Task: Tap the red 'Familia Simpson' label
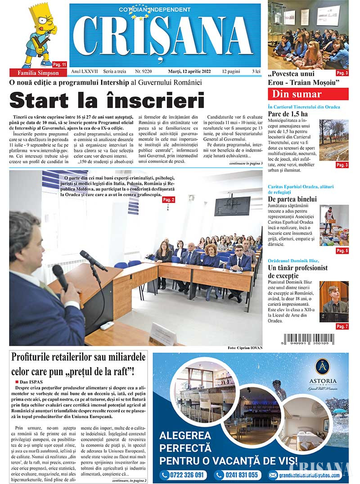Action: [x=38, y=73]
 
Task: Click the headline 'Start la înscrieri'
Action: [x=107, y=100]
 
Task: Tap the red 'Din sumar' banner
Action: [x=308, y=94]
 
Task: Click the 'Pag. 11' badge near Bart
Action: [x=59, y=64]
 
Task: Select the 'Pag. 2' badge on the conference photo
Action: [x=169, y=199]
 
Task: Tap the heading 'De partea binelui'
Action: [x=292, y=199]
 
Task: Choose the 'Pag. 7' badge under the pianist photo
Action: [x=342, y=326]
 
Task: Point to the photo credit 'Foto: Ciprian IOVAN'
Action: [x=245, y=348]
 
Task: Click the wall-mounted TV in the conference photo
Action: [x=232, y=206]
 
